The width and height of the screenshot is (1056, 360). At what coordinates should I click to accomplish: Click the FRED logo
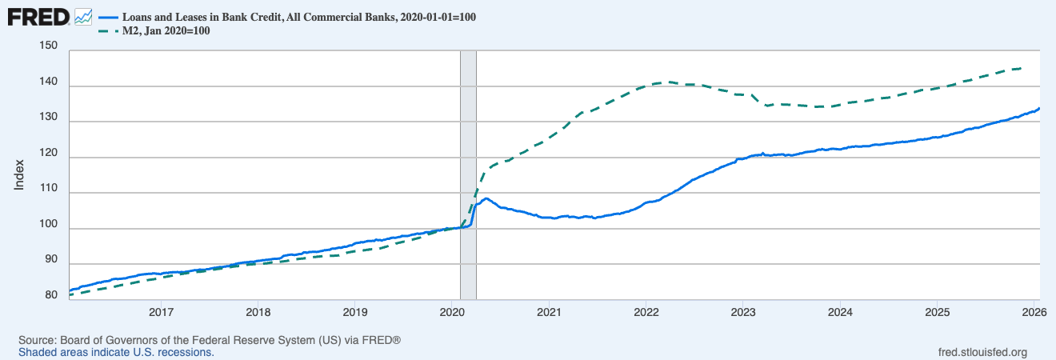(x=38, y=18)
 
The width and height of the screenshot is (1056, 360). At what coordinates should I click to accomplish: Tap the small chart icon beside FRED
(x=83, y=18)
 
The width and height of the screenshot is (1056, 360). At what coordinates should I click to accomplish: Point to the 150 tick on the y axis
(x=49, y=46)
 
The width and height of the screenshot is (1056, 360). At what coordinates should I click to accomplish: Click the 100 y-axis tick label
(x=49, y=224)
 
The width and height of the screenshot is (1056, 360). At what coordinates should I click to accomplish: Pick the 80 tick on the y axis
(x=51, y=295)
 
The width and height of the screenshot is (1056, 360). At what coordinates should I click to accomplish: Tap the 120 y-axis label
(x=49, y=153)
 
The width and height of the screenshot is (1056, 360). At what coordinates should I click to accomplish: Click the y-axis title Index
(x=19, y=175)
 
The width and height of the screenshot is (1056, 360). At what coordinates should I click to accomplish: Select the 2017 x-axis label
(x=162, y=312)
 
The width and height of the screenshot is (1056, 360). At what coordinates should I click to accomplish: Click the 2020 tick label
(x=452, y=312)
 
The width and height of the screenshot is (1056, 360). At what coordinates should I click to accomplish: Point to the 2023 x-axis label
(x=743, y=312)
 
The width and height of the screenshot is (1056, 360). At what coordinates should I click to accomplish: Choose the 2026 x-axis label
(x=1034, y=312)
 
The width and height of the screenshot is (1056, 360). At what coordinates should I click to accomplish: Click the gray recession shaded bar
(x=468, y=175)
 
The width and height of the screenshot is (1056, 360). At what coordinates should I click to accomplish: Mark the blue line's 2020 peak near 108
(x=486, y=198)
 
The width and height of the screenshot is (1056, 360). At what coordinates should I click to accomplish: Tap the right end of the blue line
(x=1039, y=108)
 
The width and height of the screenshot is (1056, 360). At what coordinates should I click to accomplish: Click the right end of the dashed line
(x=1021, y=68)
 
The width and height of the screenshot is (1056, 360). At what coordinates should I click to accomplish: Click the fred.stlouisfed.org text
(x=982, y=352)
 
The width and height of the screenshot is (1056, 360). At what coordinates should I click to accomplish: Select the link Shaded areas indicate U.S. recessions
(x=116, y=352)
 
